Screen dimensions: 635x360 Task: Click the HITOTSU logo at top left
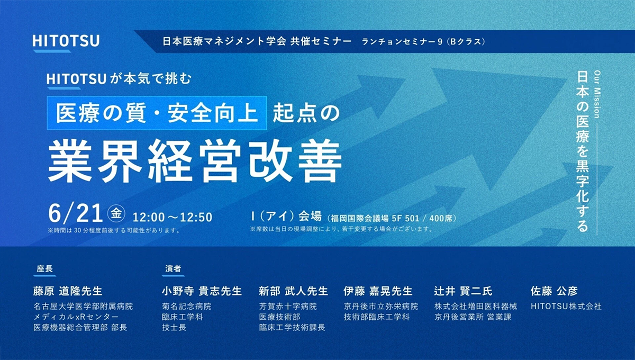(66, 41)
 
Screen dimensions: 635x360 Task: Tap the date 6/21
(75, 213)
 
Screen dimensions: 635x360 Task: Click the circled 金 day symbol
(116, 213)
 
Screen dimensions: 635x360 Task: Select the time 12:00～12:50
(173, 217)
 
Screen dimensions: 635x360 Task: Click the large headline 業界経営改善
(195, 161)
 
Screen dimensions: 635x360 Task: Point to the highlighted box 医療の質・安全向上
(157, 113)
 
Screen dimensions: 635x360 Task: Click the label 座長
(44, 268)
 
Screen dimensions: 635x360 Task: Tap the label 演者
(173, 268)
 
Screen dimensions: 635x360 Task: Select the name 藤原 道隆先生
(68, 291)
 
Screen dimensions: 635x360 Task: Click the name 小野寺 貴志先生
(202, 291)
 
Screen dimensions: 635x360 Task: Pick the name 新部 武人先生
(293, 291)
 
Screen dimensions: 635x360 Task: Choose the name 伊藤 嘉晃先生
(378, 291)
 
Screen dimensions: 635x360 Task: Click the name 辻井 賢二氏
(463, 291)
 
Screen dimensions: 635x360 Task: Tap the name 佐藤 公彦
(554, 291)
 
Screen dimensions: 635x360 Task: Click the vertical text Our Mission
(597, 94)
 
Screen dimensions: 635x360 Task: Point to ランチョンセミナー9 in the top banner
(402, 42)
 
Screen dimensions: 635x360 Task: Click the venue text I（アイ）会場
(286, 217)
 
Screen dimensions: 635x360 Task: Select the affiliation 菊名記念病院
(186, 307)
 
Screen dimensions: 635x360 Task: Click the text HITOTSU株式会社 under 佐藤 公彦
(566, 307)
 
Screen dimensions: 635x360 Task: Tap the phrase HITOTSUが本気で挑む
(120, 79)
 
